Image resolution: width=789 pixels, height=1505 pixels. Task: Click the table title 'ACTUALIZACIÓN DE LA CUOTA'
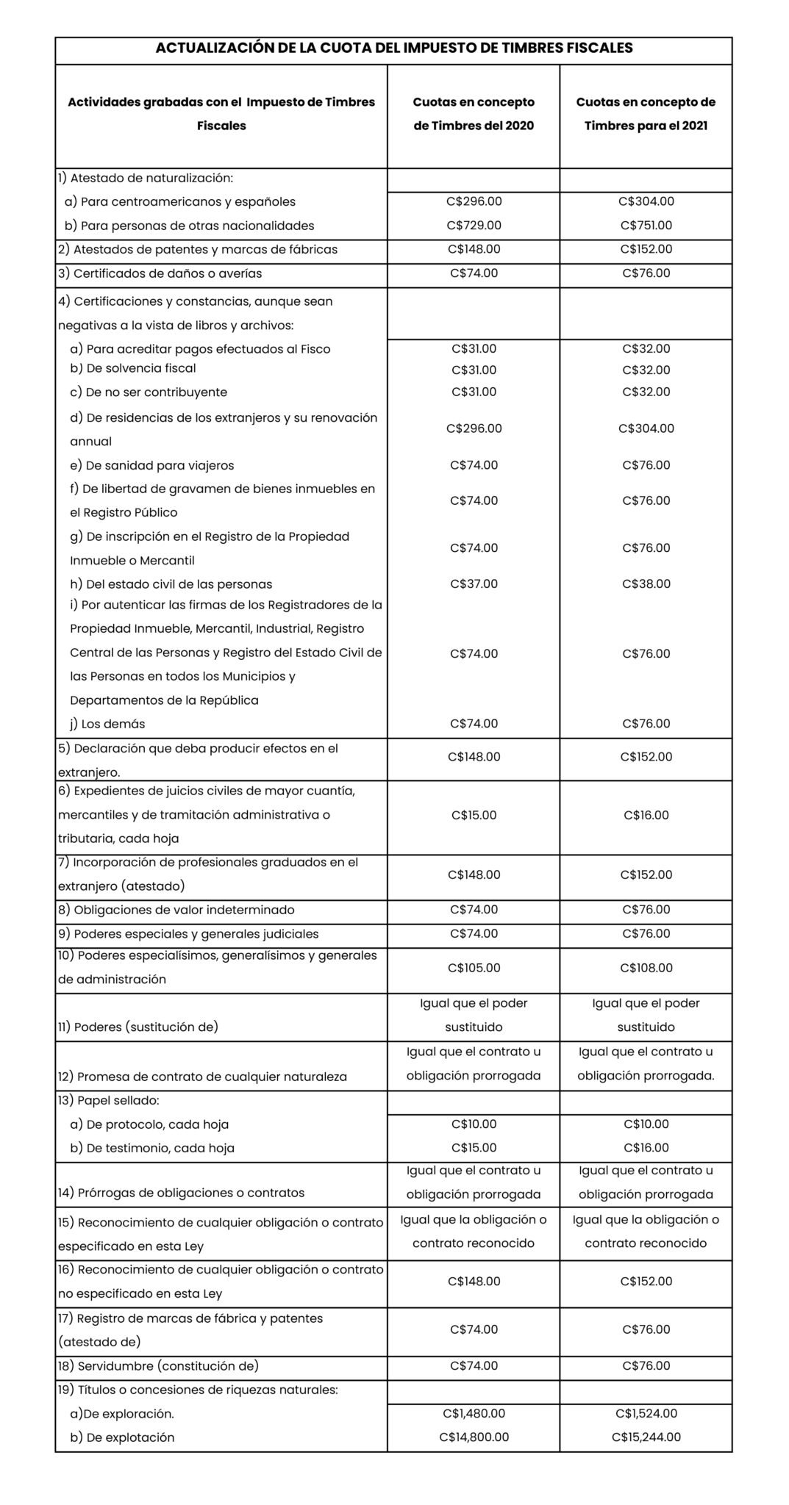pyautogui.click(x=394, y=49)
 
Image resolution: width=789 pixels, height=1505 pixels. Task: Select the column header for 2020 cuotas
pyautogui.click(x=474, y=114)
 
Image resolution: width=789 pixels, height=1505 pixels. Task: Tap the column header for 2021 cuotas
pyautogui.click(x=646, y=114)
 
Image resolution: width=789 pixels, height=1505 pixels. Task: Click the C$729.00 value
pyautogui.click(x=474, y=226)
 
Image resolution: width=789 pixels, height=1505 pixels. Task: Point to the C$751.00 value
pyautogui.click(x=646, y=226)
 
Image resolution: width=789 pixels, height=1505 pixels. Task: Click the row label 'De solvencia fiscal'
pyautogui.click(x=133, y=368)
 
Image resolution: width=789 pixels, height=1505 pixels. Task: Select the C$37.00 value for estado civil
pyautogui.click(x=474, y=584)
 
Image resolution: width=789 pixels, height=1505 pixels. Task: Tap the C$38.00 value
pyautogui.click(x=646, y=584)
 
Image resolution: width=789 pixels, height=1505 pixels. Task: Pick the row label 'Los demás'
pyautogui.click(x=107, y=724)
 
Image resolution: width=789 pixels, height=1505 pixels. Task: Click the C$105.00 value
pyautogui.click(x=474, y=968)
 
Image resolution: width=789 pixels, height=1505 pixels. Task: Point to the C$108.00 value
pyautogui.click(x=646, y=968)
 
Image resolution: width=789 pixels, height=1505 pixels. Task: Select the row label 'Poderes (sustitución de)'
pyautogui.click(x=138, y=1027)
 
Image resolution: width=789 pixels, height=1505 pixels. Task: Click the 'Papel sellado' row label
pyautogui.click(x=109, y=1101)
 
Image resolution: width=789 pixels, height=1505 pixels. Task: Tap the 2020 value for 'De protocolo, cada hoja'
pyautogui.click(x=474, y=1124)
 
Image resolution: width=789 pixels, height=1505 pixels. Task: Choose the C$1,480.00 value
pyautogui.click(x=474, y=1413)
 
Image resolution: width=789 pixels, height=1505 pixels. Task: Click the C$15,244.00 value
pyautogui.click(x=646, y=1437)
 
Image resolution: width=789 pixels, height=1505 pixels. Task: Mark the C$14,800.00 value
pyautogui.click(x=474, y=1437)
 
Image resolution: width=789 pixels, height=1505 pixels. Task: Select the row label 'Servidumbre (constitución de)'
pyautogui.click(x=158, y=1366)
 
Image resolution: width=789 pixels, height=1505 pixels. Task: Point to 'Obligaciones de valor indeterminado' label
pyautogui.click(x=176, y=910)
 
